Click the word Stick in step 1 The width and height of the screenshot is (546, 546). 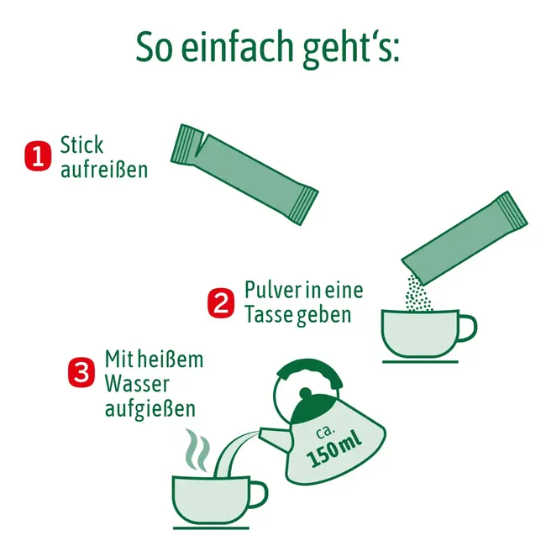81,144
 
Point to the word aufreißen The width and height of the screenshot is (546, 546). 103,170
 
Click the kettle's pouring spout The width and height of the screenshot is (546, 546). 266,434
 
